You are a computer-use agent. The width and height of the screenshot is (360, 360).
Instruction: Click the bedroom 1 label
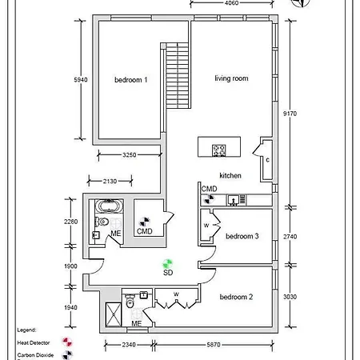(130, 79)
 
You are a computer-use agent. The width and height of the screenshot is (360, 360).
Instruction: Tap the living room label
(232, 78)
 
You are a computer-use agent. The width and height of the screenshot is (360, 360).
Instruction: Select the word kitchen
(230, 174)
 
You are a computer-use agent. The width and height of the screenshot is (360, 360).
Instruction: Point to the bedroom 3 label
(242, 236)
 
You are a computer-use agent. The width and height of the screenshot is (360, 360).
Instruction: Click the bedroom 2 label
(236, 297)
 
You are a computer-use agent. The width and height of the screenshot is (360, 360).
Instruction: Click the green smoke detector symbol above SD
(168, 262)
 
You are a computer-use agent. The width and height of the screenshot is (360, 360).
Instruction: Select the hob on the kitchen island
(219, 149)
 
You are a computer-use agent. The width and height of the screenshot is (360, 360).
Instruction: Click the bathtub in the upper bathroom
(105, 205)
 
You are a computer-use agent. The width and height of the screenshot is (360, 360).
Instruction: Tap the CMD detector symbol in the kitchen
(206, 199)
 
